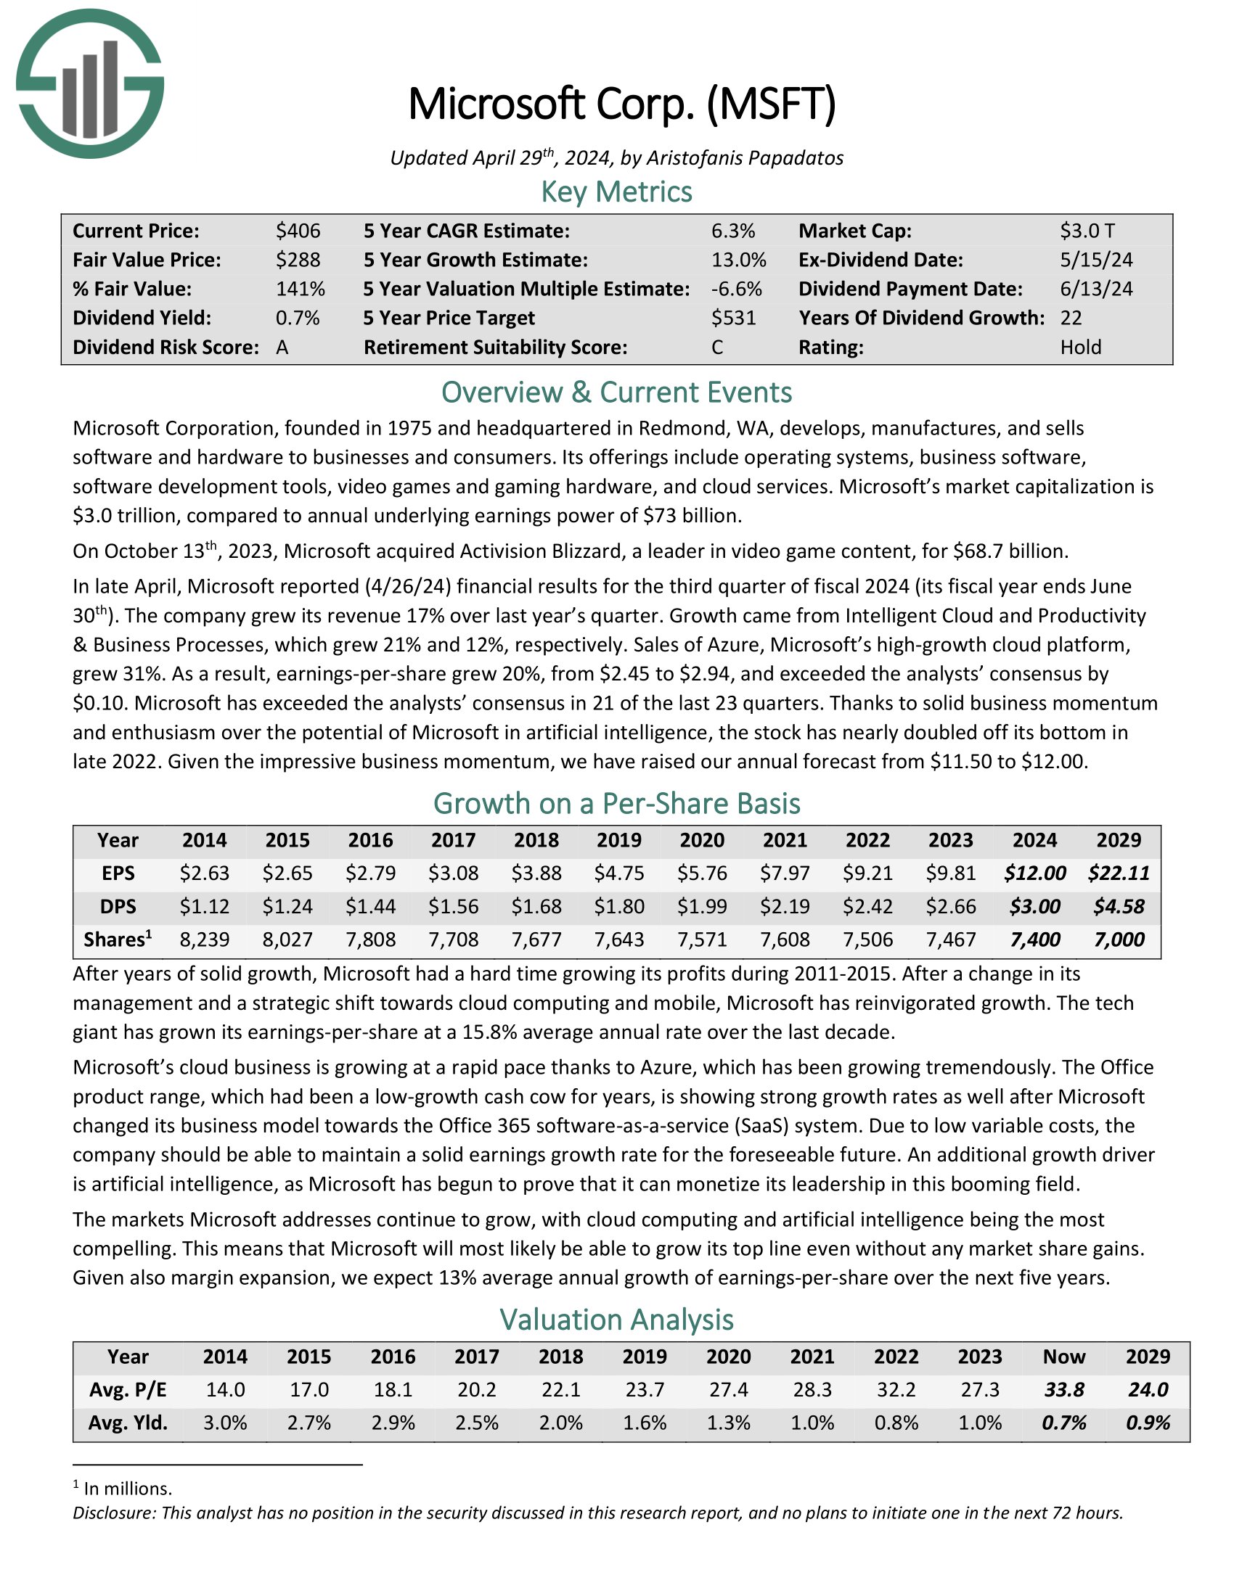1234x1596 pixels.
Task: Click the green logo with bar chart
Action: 90,83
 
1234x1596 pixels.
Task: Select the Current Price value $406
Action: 298,231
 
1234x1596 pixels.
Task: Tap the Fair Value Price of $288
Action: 298,260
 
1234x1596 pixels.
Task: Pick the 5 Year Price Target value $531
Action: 733,318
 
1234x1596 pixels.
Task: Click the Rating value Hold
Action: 1081,347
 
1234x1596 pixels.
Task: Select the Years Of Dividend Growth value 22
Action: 1071,318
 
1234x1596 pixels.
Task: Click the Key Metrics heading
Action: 616,192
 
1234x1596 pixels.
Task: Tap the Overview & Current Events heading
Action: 616,392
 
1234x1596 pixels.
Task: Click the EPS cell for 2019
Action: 619,873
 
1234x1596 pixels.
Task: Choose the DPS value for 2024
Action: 1034,907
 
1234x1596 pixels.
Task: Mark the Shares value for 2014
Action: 205,939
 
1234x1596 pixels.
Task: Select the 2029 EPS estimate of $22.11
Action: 1119,873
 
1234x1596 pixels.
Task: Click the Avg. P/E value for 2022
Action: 896,1390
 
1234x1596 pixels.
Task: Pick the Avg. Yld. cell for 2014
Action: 225,1423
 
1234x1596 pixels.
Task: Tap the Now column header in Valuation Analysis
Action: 1063,1357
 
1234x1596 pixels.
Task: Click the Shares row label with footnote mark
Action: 118,939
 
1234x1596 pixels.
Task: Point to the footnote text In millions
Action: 128,1489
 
